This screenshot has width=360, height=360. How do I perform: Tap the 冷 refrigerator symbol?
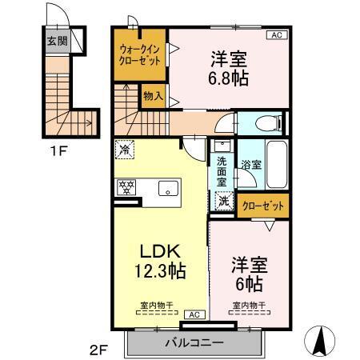pyautogui.click(x=125, y=149)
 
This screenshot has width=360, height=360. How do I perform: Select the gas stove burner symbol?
pyautogui.click(x=126, y=189)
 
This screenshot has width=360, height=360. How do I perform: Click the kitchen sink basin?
pyautogui.click(x=168, y=189)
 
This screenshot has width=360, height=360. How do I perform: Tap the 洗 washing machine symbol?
pyautogui.click(x=224, y=202)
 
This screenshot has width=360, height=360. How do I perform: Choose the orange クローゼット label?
pyautogui.click(x=262, y=206)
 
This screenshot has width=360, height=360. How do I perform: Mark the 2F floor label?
pyautogui.click(x=96, y=350)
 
